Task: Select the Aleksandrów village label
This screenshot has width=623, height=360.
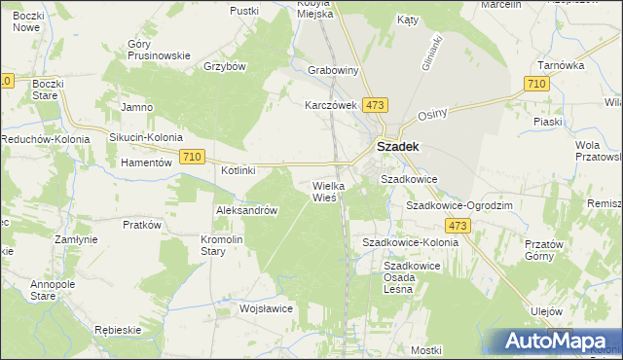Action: click(247, 210)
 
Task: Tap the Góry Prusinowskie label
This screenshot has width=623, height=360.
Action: click(158, 50)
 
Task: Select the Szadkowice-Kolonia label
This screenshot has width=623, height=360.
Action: click(410, 241)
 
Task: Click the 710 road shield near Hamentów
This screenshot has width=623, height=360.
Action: click(192, 157)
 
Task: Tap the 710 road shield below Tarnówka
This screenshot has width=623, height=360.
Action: click(534, 86)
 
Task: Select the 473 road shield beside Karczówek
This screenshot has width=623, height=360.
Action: click(375, 104)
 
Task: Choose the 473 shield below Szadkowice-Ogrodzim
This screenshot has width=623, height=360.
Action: click(459, 226)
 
